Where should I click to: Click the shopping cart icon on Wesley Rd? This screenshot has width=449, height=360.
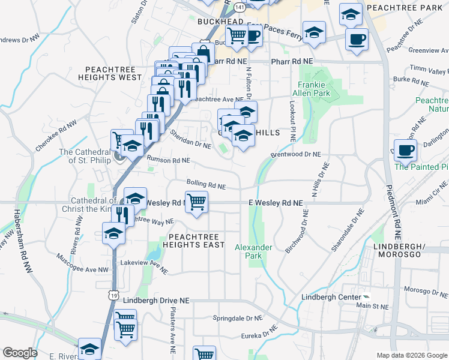click(x=196, y=201)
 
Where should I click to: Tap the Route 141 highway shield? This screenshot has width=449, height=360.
click(x=240, y=6)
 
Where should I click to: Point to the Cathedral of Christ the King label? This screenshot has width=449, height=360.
click(x=93, y=205)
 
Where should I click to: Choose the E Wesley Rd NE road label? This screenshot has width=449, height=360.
click(x=276, y=204)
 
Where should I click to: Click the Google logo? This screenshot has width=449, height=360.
click(x=20, y=353)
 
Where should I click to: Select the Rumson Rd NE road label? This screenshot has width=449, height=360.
click(x=168, y=161)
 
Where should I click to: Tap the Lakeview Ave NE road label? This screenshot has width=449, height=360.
click(x=143, y=266)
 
